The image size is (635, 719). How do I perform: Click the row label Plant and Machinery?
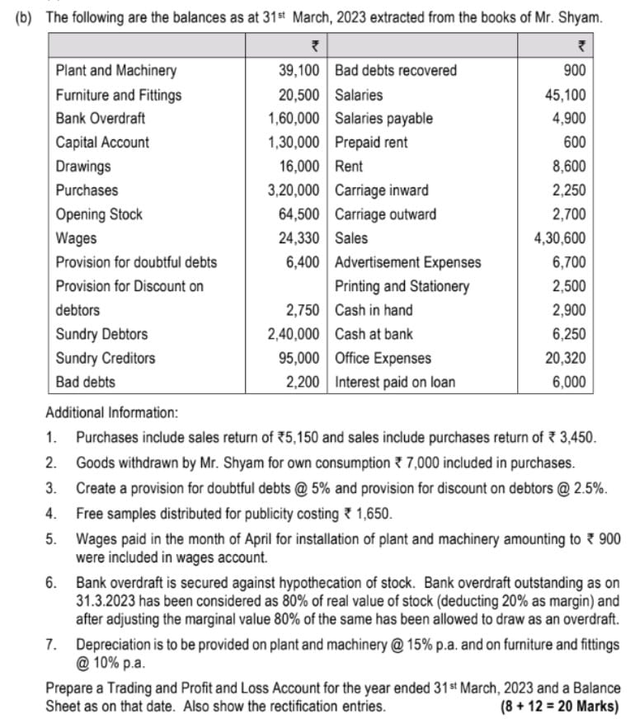(x=115, y=71)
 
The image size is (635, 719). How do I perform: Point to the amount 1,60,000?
(x=294, y=119)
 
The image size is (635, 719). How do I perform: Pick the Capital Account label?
(x=102, y=143)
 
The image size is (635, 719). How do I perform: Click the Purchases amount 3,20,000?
(x=294, y=190)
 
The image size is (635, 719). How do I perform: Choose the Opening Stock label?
(x=99, y=214)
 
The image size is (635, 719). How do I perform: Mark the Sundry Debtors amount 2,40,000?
(x=294, y=335)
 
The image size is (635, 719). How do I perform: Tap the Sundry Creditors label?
(x=105, y=359)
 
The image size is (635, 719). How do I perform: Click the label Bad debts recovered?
(x=396, y=71)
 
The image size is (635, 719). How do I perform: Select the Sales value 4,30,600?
(x=561, y=238)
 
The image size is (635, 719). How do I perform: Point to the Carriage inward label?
(x=382, y=190)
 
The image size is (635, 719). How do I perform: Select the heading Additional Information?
(x=111, y=412)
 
